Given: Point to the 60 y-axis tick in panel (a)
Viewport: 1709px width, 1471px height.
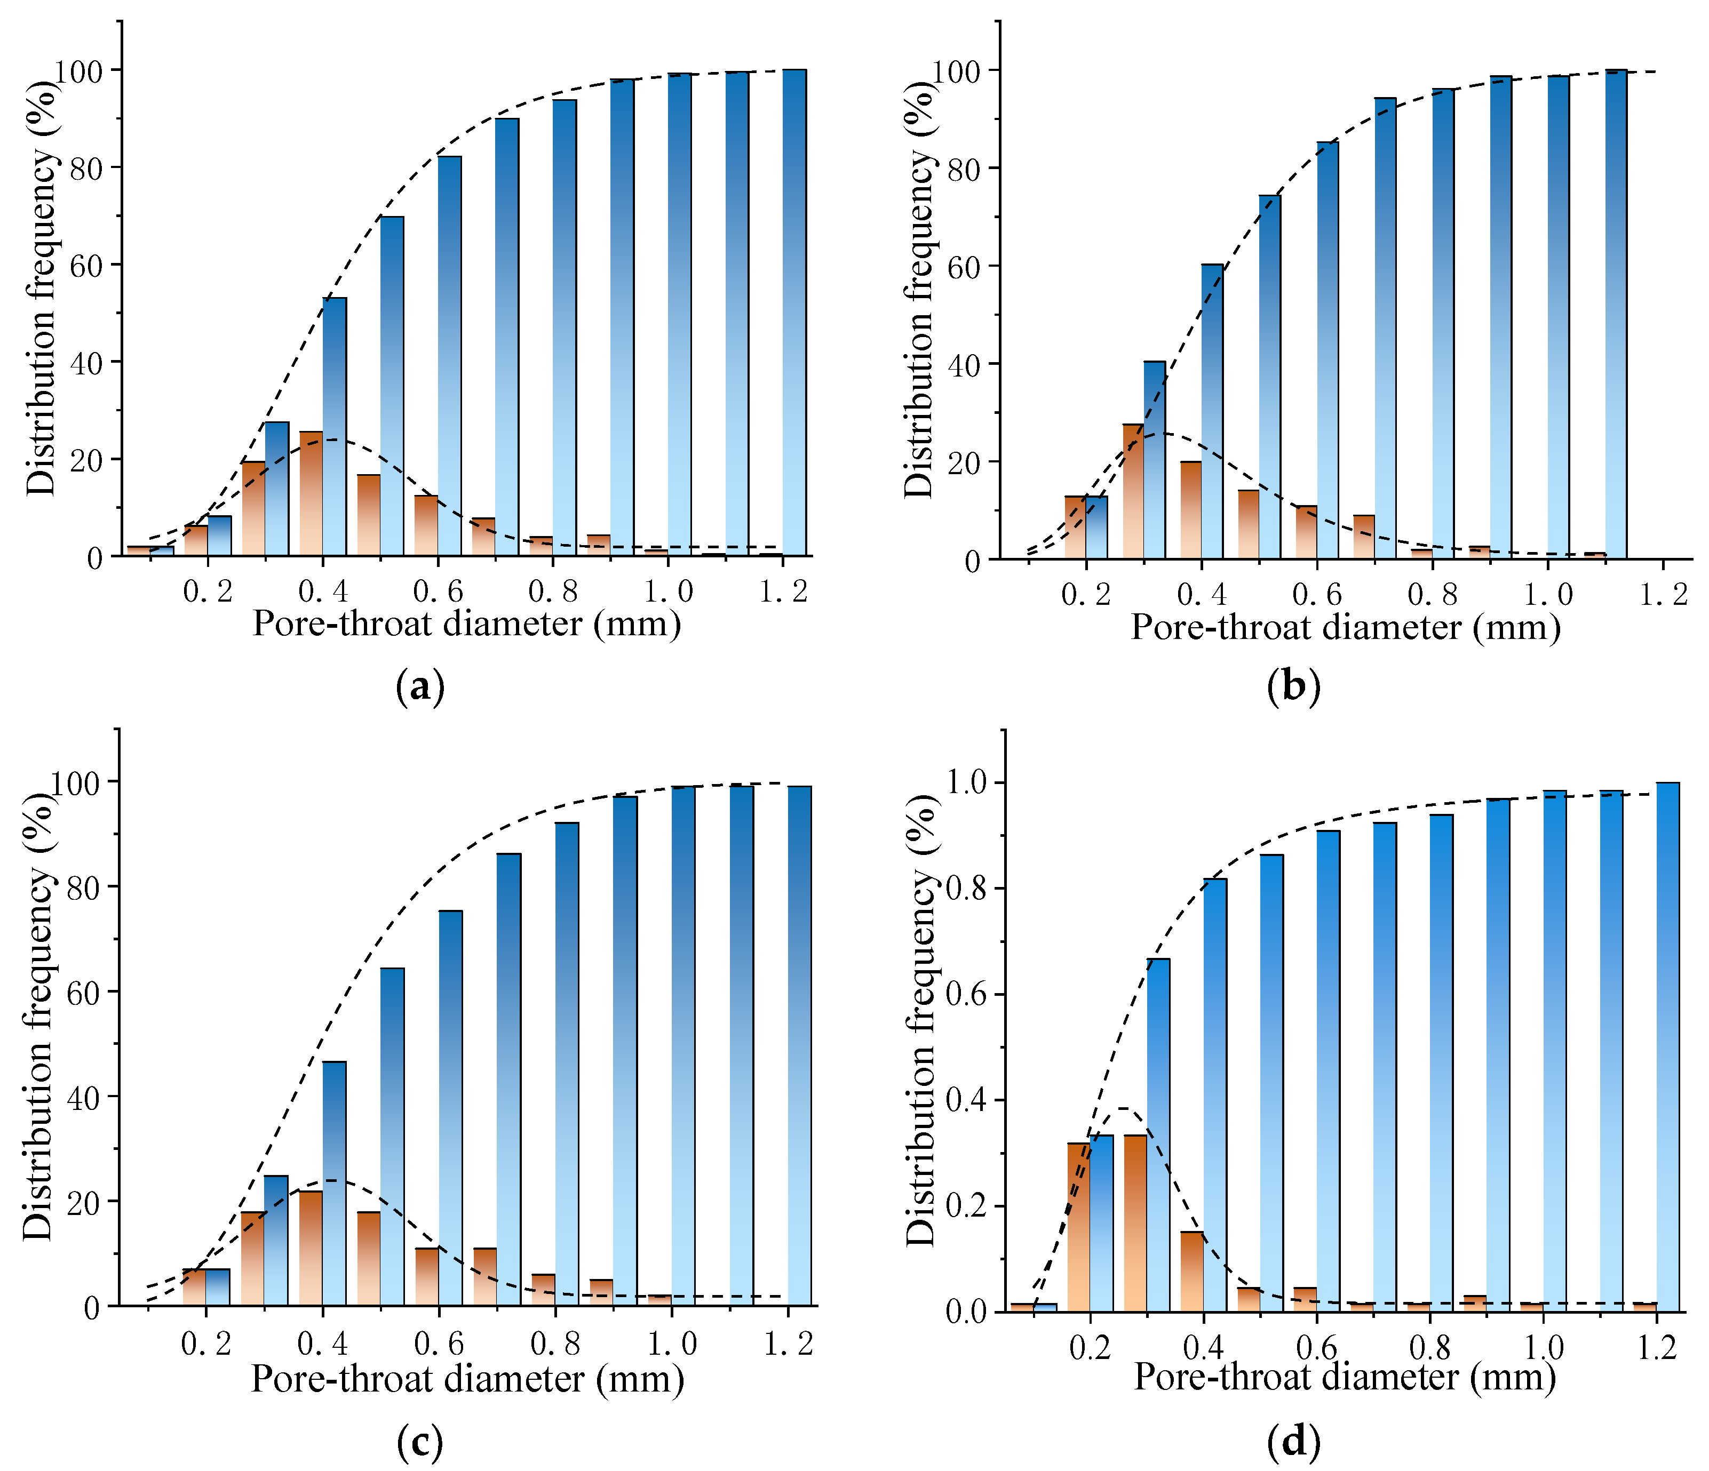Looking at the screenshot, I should pyautogui.click(x=86, y=265).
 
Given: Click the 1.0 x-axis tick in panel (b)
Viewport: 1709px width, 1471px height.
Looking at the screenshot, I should pyautogui.click(x=1548, y=595).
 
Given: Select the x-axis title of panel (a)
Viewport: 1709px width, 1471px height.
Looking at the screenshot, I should pyautogui.click(x=467, y=624).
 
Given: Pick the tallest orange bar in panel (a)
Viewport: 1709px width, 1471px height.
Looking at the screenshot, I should pyautogui.click(x=311, y=493).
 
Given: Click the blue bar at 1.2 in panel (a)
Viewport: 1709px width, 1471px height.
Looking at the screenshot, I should pyautogui.click(x=794, y=313).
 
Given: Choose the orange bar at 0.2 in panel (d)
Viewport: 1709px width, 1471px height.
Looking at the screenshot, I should pyautogui.click(x=1079, y=1227).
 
